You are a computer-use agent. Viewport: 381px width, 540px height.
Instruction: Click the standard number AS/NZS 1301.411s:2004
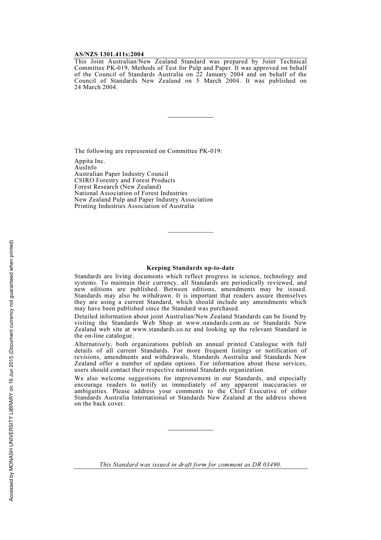pyautogui.click(x=109, y=54)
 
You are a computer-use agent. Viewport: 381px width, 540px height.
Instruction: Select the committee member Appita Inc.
pyautogui.click(x=89, y=161)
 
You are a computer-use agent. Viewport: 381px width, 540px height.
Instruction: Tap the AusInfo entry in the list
pyautogui.click(x=85, y=167)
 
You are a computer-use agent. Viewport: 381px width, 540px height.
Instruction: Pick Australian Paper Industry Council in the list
pyautogui.click(x=121, y=174)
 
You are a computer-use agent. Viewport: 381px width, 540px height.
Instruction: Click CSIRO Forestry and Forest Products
pyautogui.click(x=125, y=180)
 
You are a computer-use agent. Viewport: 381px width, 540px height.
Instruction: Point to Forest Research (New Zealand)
pyautogui.click(x=118, y=187)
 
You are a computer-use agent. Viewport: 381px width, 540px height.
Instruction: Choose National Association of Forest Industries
pyautogui.click(x=131, y=193)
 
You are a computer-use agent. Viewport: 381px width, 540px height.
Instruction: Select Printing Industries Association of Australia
pyautogui.click(x=134, y=206)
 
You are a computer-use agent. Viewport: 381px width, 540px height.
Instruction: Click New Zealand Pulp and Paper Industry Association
pyautogui.click(x=144, y=200)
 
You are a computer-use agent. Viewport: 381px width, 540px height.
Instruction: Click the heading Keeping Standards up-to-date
pyautogui.click(x=190, y=268)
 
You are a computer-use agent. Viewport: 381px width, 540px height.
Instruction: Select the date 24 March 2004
pyautogui.click(x=96, y=87)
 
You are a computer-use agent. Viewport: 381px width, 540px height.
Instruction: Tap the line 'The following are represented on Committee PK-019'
pyautogui.click(x=148, y=151)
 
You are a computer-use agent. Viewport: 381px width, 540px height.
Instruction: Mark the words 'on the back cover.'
pyautogui.click(x=99, y=404)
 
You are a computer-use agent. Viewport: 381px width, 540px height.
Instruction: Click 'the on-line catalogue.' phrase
pyautogui.click(x=104, y=336)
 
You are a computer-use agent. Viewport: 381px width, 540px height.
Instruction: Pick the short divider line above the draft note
pyautogui.click(x=190, y=430)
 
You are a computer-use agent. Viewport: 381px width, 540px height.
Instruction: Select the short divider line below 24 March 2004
pyautogui.click(x=190, y=117)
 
